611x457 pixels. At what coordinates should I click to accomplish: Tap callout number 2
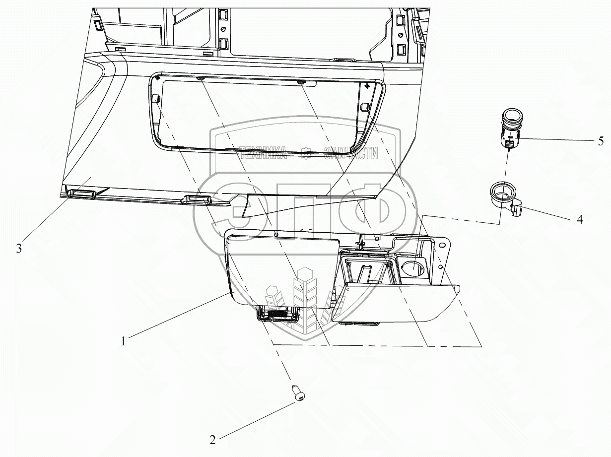(x=213, y=440)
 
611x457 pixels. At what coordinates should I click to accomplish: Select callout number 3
(x=19, y=249)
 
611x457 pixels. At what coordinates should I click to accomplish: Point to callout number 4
(x=579, y=219)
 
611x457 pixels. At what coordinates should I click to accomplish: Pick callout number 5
(x=601, y=142)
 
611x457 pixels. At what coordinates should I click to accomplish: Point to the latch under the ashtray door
(x=277, y=314)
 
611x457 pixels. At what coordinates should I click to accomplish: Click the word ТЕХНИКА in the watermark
(x=262, y=153)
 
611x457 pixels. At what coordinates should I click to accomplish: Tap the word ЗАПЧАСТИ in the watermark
(x=350, y=153)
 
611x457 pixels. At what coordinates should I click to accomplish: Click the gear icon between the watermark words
(x=306, y=153)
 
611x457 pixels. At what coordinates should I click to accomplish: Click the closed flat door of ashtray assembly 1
(x=280, y=270)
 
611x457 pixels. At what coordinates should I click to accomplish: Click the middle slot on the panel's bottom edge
(x=199, y=199)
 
